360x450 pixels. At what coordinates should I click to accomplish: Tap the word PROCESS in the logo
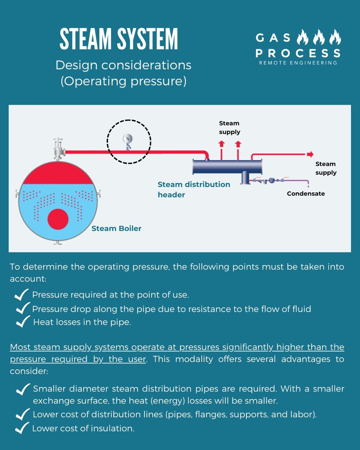pyautogui.click(x=298, y=53)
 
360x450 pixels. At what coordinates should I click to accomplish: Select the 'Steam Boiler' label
pyautogui.click(x=116, y=228)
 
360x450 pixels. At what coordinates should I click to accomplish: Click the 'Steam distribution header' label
pyautogui.click(x=194, y=189)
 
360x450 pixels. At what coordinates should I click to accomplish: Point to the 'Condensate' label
pyautogui.click(x=306, y=193)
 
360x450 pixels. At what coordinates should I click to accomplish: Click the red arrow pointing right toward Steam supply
pyautogui.click(x=310, y=154)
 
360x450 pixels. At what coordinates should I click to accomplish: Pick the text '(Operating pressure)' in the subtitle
pyautogui.click(x=123, y=81)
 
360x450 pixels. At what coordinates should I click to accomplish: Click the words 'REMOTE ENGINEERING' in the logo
pyautogui.click(x=298, y=63)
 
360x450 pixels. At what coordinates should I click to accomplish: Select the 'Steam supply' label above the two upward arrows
pyautogui.click(x=229, y=127)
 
